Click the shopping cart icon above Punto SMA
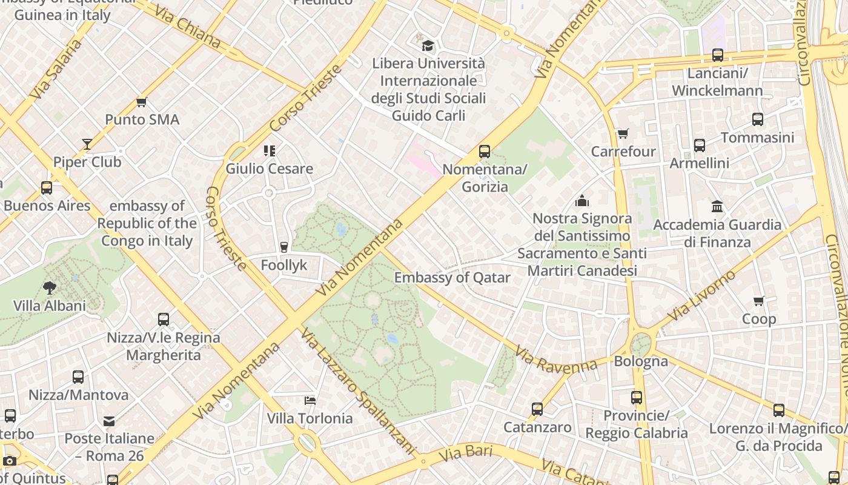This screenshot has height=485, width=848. tap(142, 102)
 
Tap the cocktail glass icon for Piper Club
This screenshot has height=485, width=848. tap(87, 144)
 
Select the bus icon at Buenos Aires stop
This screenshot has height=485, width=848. tap(47, 188)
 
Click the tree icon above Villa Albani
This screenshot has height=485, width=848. tap(50, 287)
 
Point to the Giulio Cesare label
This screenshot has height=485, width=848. tap(269, 169)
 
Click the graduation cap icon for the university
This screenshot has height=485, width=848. tap(428, 45)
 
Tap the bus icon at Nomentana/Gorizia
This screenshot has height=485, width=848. tap(485, 152)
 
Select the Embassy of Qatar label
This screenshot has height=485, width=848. tap(452, 278)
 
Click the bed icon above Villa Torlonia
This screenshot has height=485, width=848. tap(310, 401)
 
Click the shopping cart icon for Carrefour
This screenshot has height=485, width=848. tap(623, 133)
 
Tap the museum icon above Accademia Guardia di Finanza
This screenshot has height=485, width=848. tap(717, 207)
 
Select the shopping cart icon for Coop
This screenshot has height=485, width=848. tap(758, 301)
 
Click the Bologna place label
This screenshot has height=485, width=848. tap(641, 361)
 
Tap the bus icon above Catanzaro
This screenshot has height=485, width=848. tap(537, 409)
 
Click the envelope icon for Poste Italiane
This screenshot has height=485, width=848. tap(109, 421)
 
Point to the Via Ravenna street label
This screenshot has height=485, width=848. tap(556, 359)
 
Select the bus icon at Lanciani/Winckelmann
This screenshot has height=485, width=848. tap(717, 55)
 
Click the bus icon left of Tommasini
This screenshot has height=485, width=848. tap(758, 119)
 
